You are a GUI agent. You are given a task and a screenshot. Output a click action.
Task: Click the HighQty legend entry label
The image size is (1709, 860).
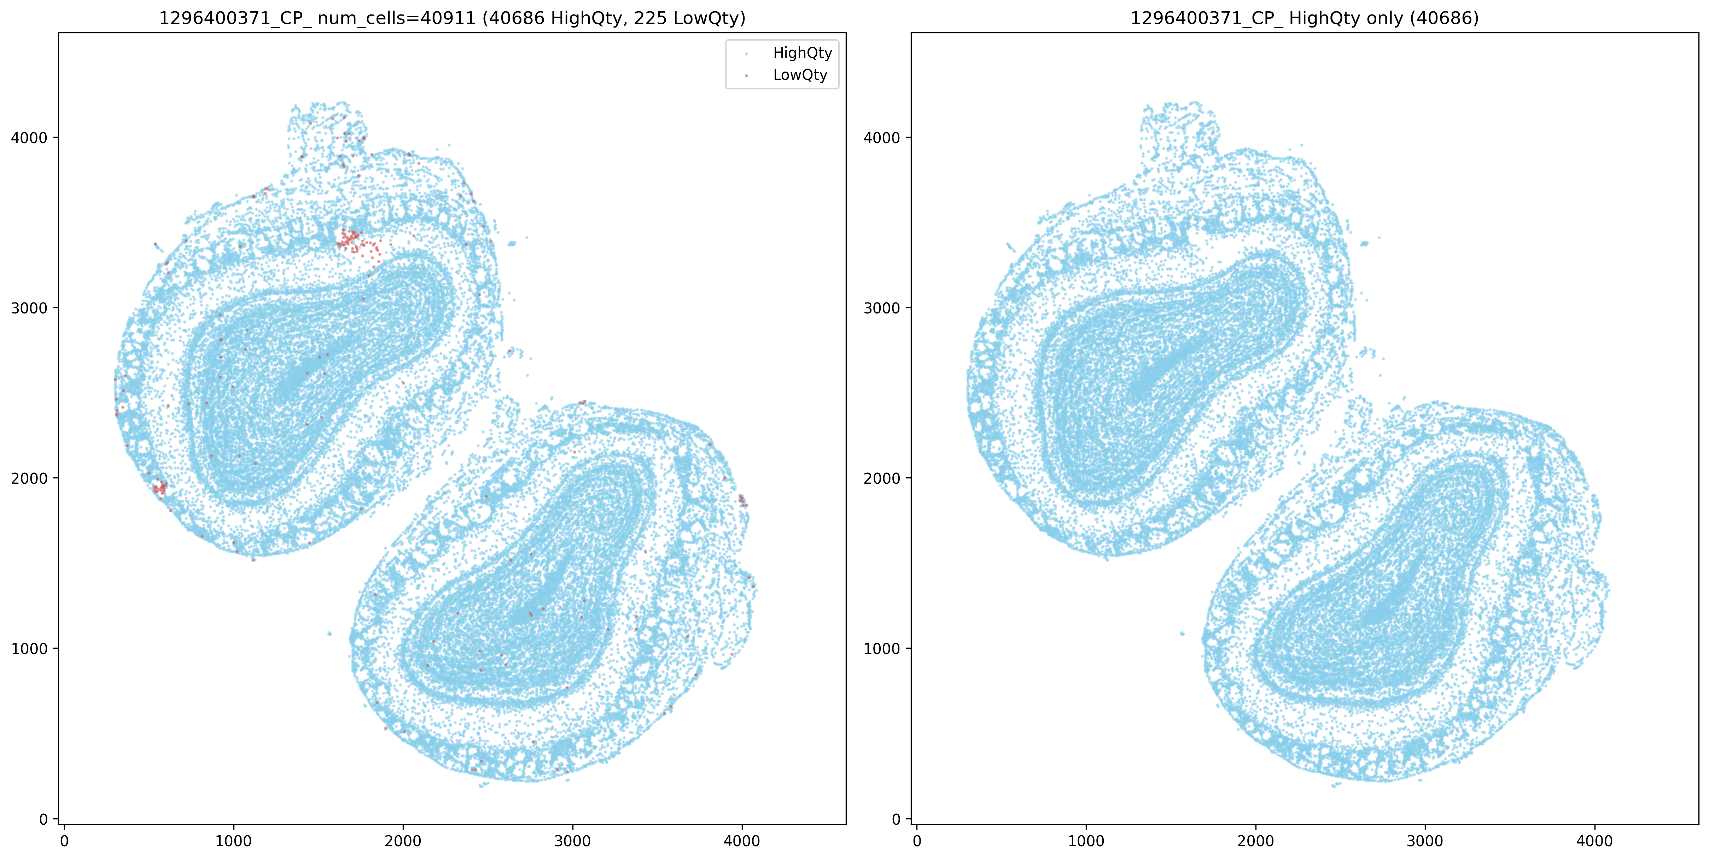point(802,53)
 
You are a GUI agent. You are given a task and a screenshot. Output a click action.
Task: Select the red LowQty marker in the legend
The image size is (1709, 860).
point(746,76)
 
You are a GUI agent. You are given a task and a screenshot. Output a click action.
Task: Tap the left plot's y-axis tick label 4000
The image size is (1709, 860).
point(30,138)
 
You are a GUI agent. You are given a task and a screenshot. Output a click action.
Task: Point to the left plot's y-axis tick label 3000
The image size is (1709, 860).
point(30,308)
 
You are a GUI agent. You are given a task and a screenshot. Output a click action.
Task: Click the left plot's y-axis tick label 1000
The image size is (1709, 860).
point(30,648)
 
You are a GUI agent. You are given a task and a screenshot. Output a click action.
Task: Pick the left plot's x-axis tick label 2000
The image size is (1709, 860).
point(403,841)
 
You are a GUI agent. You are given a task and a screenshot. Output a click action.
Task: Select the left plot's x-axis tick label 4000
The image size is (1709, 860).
point(742,841)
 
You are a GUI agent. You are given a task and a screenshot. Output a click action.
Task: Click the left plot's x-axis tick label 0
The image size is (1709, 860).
point(64,841)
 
